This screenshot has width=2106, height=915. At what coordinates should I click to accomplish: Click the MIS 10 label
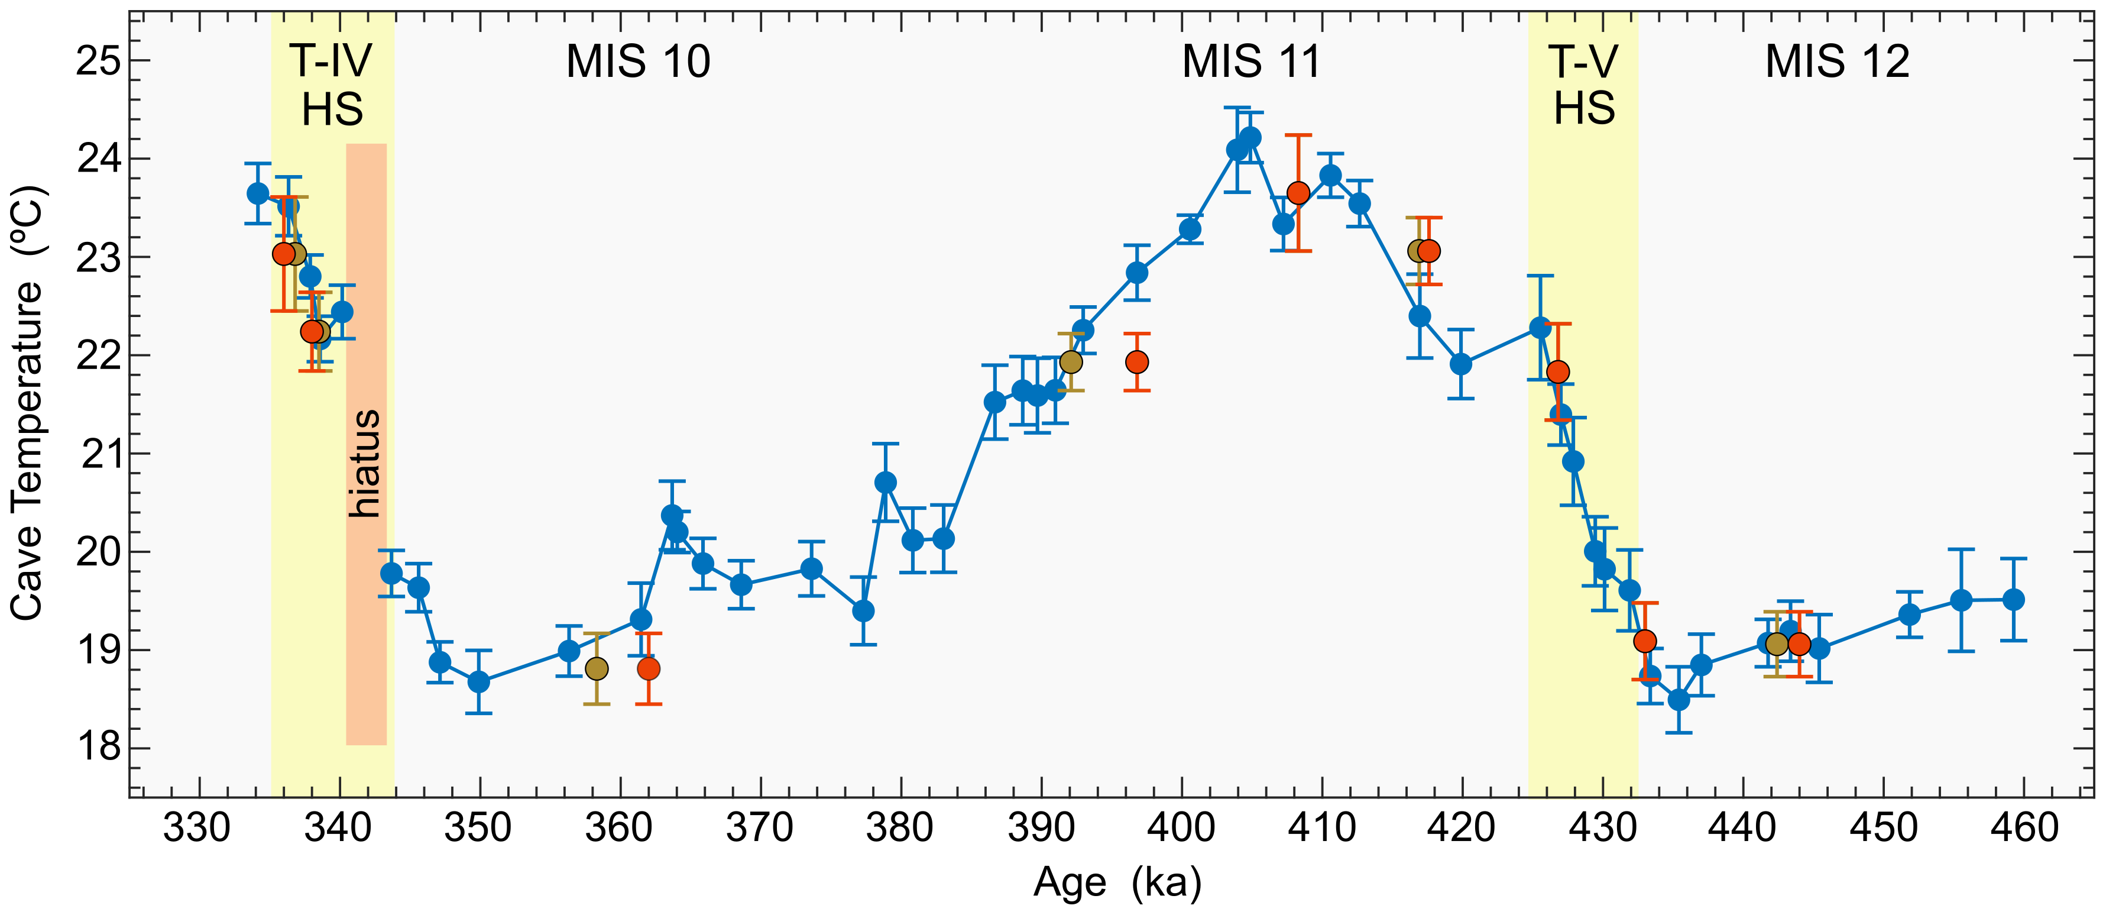[x=638, y=62]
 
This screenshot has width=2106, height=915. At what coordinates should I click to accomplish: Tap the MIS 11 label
[x=1251, y=62]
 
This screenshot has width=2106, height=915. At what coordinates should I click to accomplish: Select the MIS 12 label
[x=1837, y=62]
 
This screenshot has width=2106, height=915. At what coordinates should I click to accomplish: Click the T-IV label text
[x=331, y=62]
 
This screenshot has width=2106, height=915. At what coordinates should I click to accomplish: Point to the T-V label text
[x=1583, y=62]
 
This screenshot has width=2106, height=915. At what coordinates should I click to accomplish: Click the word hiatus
[x=365, y=463]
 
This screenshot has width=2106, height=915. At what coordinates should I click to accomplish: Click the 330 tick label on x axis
[x=199, y=828]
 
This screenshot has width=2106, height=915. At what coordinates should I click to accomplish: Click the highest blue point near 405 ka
[x=1250, y=137]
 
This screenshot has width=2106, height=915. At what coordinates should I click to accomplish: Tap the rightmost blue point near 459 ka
[x=2014, y=599]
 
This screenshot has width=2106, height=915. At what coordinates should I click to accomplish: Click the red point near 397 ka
[x=1136, y=361]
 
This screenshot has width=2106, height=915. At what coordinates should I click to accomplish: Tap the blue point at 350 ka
[x=479, y=682]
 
